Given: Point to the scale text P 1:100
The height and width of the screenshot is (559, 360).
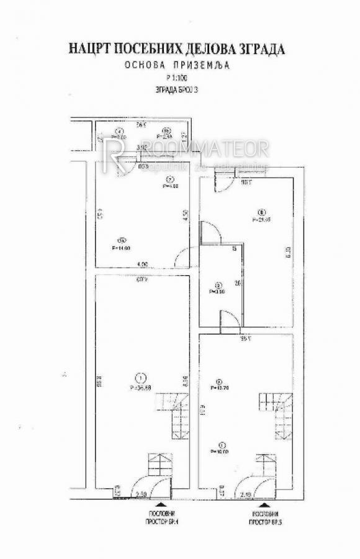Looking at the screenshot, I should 178,78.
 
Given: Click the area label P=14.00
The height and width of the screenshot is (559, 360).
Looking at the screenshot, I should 122,247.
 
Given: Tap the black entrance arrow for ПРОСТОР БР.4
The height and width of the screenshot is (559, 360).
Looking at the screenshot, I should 160,504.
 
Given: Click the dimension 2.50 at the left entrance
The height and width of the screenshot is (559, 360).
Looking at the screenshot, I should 141,494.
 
